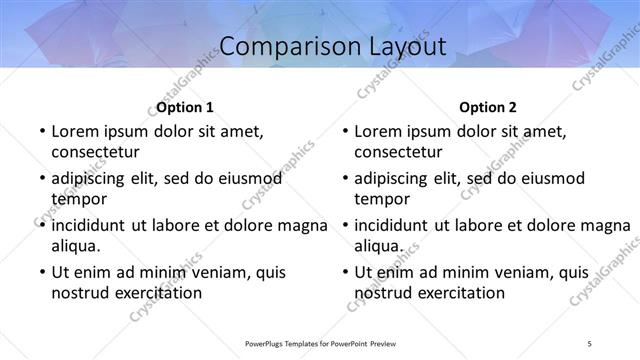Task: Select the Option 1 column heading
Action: pos(185,107)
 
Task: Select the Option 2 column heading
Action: pos(488,107)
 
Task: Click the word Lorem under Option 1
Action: pos(76,131)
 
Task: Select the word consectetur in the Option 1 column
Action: pos(95,152)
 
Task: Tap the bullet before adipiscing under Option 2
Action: pos(343,179)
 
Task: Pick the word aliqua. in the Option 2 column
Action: pos(378,246)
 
